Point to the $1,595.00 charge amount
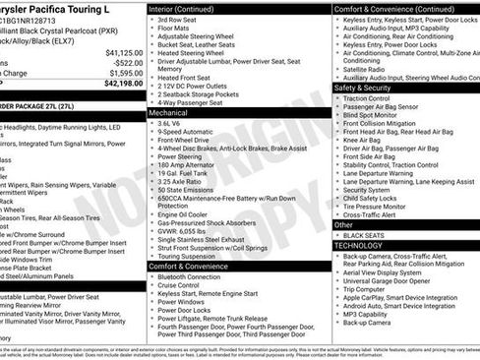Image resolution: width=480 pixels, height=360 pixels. click(124, 73)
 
